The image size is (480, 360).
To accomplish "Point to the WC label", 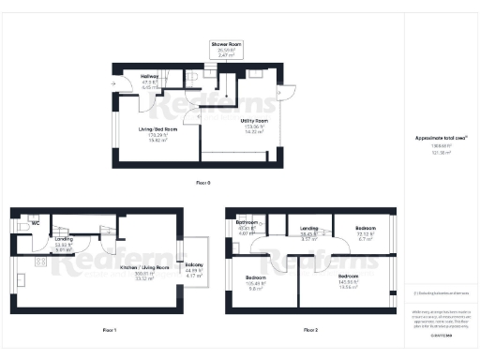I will [x=36, y=224].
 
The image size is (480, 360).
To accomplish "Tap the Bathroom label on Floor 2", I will [x=247, y=227].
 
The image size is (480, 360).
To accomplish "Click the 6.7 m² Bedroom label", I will [x=365, y=233].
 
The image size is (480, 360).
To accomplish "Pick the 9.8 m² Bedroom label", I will [x=256, y=283].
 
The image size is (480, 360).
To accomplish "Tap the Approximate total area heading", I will [x=440, y=138].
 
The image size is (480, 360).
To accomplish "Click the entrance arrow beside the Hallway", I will [x=112, y=82].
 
